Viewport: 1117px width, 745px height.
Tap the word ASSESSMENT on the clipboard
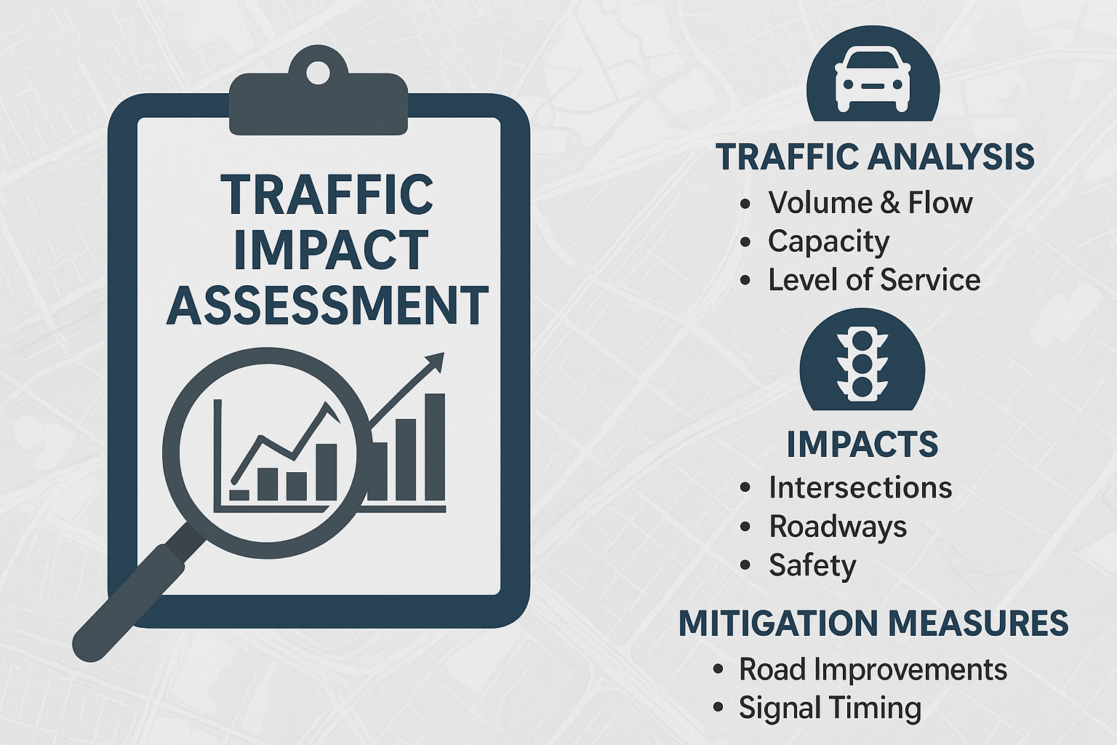[327, 306]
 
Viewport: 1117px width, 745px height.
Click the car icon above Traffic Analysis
[873, 79]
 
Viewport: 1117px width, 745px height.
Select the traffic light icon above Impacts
[862, 364]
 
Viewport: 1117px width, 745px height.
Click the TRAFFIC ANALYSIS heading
[875, 157]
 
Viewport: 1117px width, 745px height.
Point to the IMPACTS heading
[862, 445]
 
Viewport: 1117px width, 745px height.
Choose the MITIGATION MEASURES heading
[873, 624]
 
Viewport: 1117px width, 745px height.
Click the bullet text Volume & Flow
[870, 203]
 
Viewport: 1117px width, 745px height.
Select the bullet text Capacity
[829, 242]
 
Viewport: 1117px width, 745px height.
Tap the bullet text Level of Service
[874, 280]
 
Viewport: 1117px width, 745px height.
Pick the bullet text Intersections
[860, 488]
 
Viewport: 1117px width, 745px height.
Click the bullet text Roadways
[838, 527]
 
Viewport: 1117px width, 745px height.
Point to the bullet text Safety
[812, 565]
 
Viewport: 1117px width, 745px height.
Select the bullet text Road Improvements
[873, 669]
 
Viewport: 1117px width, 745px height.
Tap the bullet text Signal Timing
[830, 708]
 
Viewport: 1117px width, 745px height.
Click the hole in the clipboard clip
[319, 73]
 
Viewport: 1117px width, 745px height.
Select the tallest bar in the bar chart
[435, 447]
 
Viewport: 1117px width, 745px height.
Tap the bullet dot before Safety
[745, 566]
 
